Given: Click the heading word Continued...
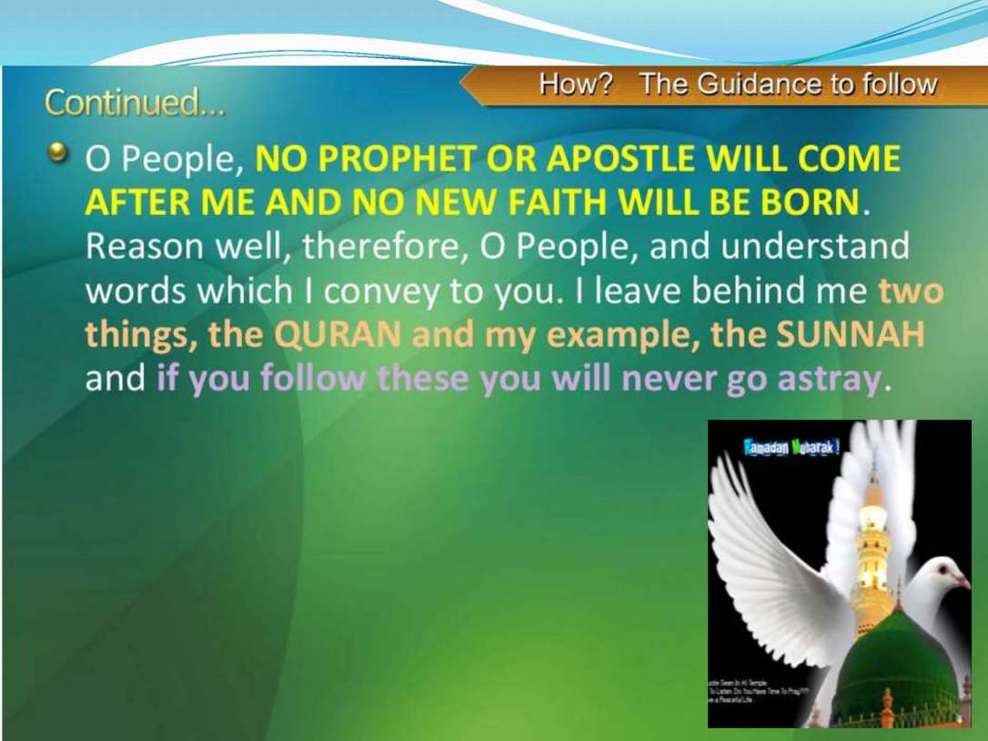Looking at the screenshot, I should [x=135, y=103].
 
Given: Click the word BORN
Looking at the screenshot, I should [x=814, y=202].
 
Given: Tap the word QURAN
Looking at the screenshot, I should [x=338, y=335].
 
